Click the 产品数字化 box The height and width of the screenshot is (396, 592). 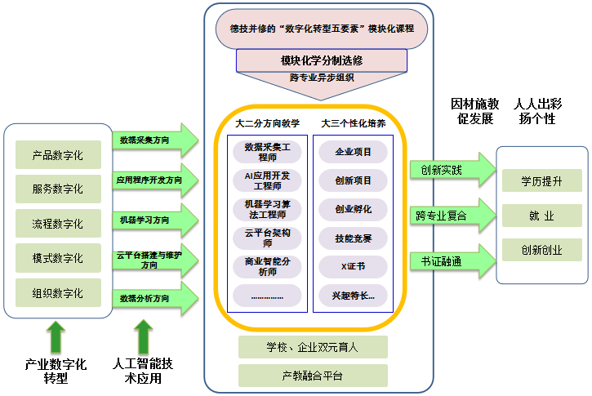(x=57, y=154)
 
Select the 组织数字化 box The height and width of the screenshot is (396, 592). (x=57, y=292)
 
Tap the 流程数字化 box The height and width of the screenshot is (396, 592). (x=57, y=224)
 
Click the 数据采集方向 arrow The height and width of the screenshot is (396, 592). (x=155, y=140)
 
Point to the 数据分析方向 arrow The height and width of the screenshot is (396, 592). (x=155, y=297)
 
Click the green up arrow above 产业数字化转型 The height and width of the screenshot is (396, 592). (x=56, y=336)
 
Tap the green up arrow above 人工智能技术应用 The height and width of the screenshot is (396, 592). (x=144, y=336)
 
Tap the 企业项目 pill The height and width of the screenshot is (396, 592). (x=353, y=152)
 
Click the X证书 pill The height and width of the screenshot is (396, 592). (x=353, y=266)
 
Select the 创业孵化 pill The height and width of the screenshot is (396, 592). (x=353, y=209)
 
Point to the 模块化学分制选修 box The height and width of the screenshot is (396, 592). (x=321, y=60)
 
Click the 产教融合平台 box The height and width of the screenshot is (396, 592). (x=313, y=376)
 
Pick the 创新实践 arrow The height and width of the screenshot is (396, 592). (x=452, y=170)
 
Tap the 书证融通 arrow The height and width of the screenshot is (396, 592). (x=452, y=261)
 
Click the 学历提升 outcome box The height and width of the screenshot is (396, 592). (x=541, y=180)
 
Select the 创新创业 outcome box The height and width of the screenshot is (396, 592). (x=541, y=250)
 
